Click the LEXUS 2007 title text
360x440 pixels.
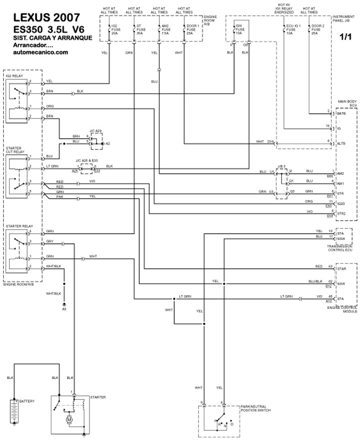point(47,18)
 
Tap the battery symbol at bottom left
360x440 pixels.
point(16,409)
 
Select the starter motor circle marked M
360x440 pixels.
point(70,419)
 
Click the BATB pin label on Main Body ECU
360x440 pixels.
point(341,113)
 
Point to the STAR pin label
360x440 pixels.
point(341,268)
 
